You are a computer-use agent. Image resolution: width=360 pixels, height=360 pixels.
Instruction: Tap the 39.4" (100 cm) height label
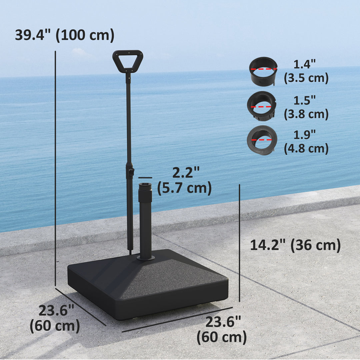click(x=65, y=35)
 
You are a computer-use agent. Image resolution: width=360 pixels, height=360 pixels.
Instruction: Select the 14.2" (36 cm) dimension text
click(x=295, y=245)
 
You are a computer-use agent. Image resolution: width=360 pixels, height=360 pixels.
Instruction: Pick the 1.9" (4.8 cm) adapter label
click(x=306, y=142)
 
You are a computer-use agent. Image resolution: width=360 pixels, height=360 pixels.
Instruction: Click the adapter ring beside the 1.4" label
click(x=263, y=71)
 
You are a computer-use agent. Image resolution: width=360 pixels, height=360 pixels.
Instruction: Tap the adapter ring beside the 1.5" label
click(x=262, y=106)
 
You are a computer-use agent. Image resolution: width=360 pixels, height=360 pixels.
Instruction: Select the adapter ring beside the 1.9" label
click(x=262, y=140)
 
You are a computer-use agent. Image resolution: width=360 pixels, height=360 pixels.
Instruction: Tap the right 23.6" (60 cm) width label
click(x=222, y=330)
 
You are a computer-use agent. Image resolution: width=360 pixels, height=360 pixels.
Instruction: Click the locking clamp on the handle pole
click(x=130, y=172)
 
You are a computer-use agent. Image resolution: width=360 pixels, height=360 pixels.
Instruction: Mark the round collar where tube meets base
click(x=146, y=258)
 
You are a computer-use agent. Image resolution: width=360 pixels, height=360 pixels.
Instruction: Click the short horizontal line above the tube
click(x=145, y=178)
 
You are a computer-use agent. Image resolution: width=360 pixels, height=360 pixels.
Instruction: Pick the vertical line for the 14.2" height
click(x=239, y=243)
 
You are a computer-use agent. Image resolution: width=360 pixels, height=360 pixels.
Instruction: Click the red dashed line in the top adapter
click(x=263, y=69)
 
